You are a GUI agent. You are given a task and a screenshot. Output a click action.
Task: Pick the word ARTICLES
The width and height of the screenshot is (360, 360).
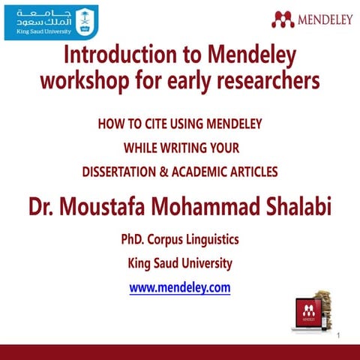pos(253,172)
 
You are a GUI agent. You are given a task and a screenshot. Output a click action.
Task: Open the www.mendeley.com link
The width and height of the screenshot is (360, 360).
pos(180,287)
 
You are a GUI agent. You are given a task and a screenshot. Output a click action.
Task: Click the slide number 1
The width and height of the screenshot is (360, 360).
pos(339,334)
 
